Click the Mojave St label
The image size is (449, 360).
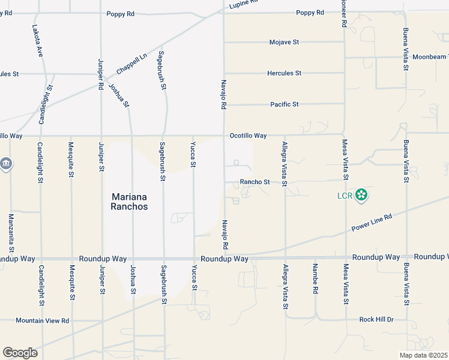(284, 43)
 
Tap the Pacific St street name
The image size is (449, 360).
(284, 104)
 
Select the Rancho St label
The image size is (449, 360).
(255, 182)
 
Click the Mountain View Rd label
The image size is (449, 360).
(43, 321)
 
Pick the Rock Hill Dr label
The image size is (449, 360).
(376, 320)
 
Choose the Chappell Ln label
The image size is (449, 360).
(131, 64)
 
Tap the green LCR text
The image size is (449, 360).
(343, 195)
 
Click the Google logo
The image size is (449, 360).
(20, 353)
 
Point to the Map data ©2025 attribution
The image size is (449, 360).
(423, 355)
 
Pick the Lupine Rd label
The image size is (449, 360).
(244, 4)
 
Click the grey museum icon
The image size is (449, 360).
(6, 164)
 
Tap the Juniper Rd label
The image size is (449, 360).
(100, 74)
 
